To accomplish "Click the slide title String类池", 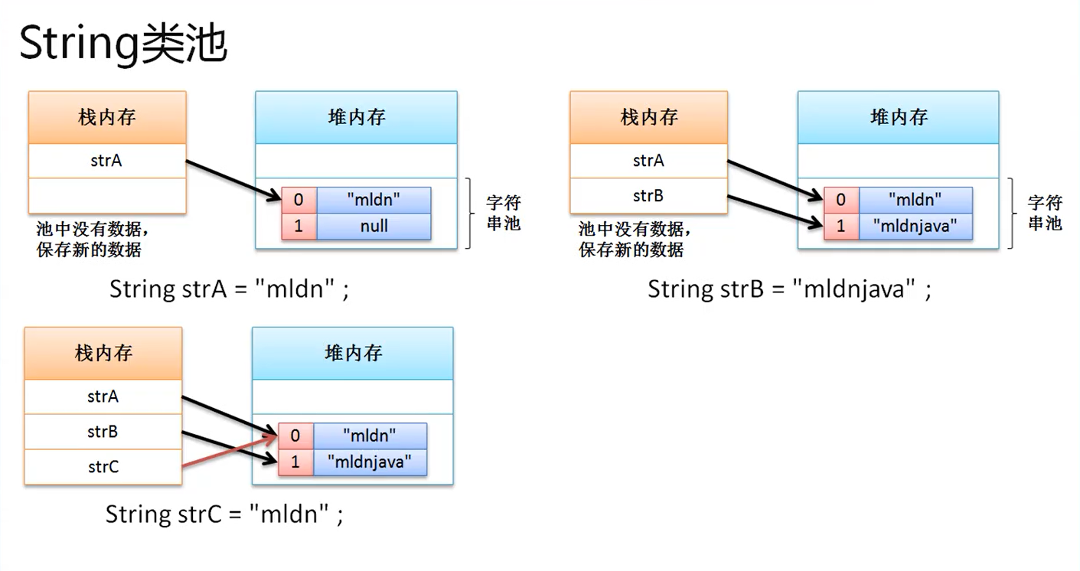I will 122,44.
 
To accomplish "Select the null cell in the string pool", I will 374,227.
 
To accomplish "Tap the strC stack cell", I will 103,467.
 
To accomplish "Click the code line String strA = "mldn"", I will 230,289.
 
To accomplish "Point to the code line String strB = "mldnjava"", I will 789,289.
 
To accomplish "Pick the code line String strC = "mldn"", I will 224,514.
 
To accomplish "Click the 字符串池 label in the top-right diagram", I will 1045,213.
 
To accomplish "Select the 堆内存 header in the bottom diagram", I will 353,354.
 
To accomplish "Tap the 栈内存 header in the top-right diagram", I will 649,117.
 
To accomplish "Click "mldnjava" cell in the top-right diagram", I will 915,227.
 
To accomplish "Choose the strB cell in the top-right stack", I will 648,196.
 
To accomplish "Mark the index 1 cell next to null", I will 299,227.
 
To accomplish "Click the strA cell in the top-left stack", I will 106,161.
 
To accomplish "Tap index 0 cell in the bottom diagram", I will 295,436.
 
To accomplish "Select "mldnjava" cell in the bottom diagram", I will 370,462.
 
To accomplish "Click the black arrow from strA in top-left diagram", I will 233,181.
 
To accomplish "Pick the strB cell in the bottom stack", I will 103,432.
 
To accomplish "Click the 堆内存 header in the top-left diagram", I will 356,117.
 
